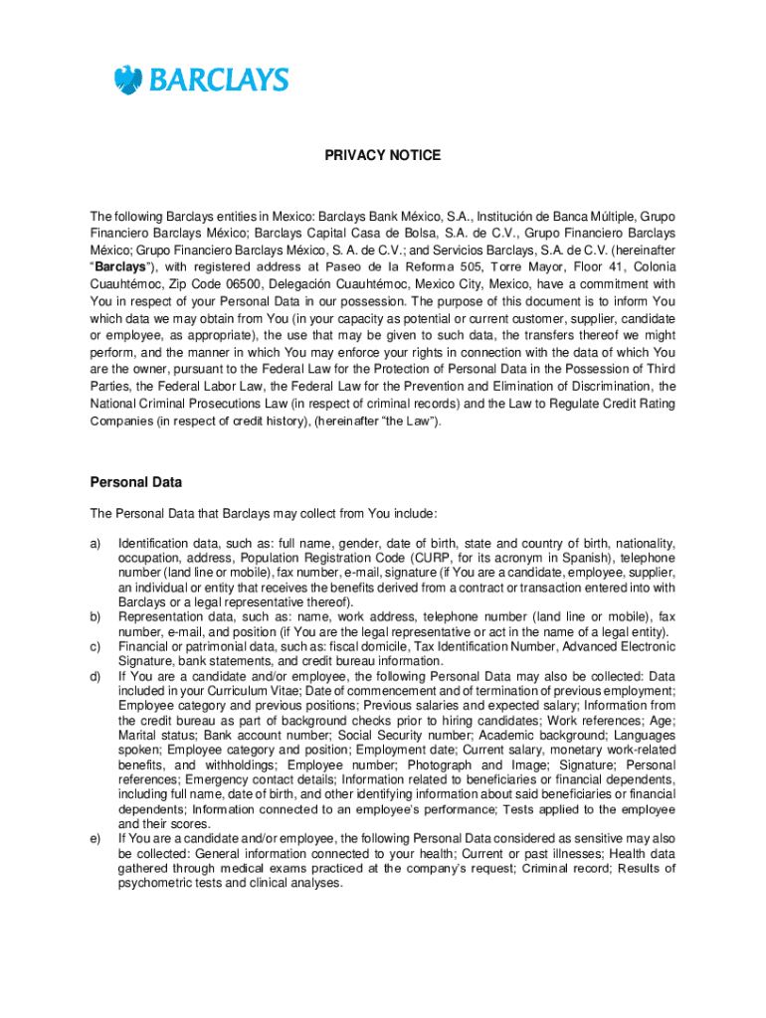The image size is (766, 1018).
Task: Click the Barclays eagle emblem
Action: click(127, 81)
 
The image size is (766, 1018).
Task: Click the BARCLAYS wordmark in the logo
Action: click(219, 81)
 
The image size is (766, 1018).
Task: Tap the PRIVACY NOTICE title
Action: click(383, 156)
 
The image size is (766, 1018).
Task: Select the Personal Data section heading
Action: click(136, 483)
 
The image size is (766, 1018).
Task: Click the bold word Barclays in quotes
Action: click(119, 266)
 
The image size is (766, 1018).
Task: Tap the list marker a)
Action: click(96, 544)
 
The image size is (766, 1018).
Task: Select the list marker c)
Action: click(96, 647)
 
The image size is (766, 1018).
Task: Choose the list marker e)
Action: click(96, 839)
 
